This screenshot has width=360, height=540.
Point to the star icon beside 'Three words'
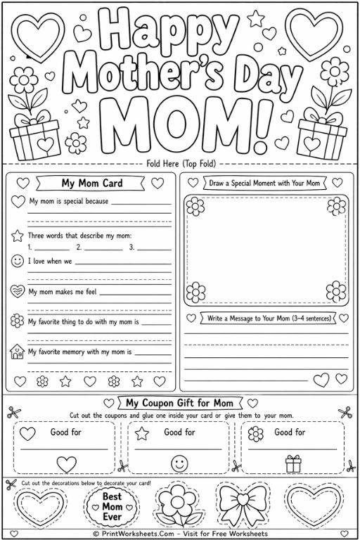[18, 234]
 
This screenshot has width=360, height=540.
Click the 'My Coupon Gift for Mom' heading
[179, 403]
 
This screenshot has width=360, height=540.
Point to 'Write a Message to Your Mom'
[268, 318]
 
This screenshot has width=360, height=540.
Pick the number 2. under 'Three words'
[79, 247]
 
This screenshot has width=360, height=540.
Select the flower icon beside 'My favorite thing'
[18, 321]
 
